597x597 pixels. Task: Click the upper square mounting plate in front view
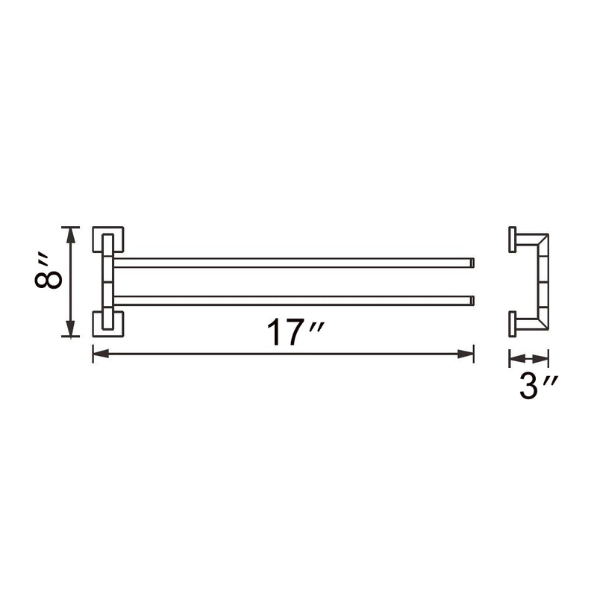109,240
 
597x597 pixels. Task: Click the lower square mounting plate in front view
109,324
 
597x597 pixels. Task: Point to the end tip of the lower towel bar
471,301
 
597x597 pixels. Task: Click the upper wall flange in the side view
512,241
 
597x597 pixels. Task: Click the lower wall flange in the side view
512,322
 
